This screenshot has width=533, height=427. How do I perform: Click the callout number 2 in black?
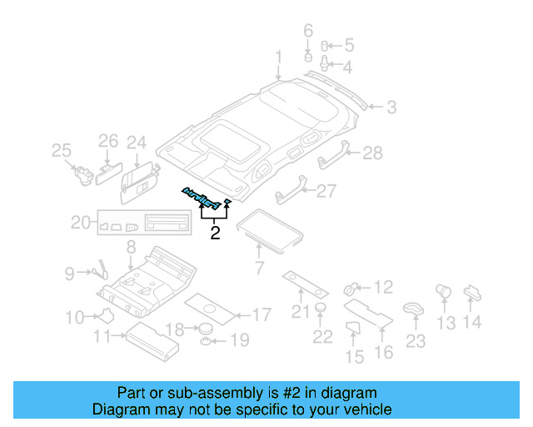click(x=215, y=233)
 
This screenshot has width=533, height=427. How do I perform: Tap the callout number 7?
click(x=259, y=268)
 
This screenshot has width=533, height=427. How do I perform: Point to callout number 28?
click(x=371, y=153)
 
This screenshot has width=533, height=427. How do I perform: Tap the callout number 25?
click(x=61, y=150)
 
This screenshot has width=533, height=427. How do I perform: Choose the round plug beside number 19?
click(x=203, y=341)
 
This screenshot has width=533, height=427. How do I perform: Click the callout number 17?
click(x=261, y=315)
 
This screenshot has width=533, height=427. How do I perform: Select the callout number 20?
click(x=80, y=223)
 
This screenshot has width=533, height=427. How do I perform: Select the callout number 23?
click(x=415, y=340)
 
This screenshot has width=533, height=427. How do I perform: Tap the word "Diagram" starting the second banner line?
click(x=122, y=409)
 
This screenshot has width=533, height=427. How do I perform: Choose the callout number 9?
click(x=70, y=272)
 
